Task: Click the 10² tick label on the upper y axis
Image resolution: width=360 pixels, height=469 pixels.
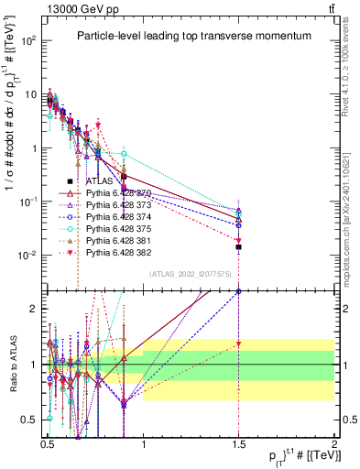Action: pyautogui.click(x=28, y=41)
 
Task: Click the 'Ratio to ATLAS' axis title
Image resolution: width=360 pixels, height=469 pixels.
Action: pyautogui.click(x=12, y=364)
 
